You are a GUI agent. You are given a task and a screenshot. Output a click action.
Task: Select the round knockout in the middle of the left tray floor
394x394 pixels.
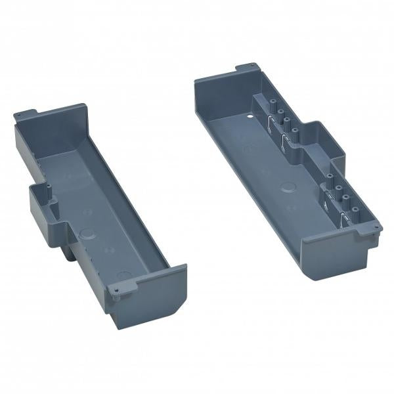coord(85,232)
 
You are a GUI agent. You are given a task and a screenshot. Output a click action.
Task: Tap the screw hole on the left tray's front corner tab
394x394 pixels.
coord(116,288)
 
